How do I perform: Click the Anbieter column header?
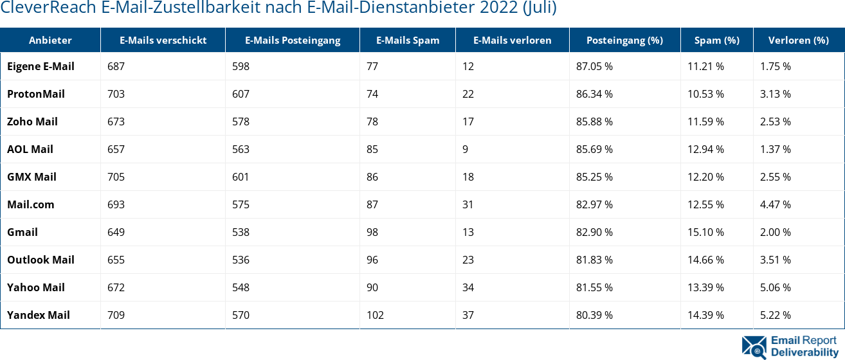point(50,40)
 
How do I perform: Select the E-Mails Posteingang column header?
point(293,40)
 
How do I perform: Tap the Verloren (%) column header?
point(798,40)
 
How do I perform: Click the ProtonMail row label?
point(36,94)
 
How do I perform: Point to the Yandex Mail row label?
point(39,315)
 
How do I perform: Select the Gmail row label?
point(23,232)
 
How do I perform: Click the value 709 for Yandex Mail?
point(116,315)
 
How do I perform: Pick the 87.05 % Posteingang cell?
point(594,66)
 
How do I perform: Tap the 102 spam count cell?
point(375,315)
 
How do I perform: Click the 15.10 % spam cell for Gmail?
point(705,232)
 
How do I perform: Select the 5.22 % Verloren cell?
point(775,315)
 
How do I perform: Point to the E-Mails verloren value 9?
point(465,149)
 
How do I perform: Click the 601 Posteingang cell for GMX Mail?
point(241,177)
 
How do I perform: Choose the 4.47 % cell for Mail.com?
point(775,204)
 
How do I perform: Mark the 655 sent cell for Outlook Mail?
point(116,260)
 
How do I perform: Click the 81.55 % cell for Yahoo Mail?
point(594,287)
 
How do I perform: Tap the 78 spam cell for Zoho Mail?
point(372,122)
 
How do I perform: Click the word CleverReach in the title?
point(48,8)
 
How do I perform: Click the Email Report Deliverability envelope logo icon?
point(754,346)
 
